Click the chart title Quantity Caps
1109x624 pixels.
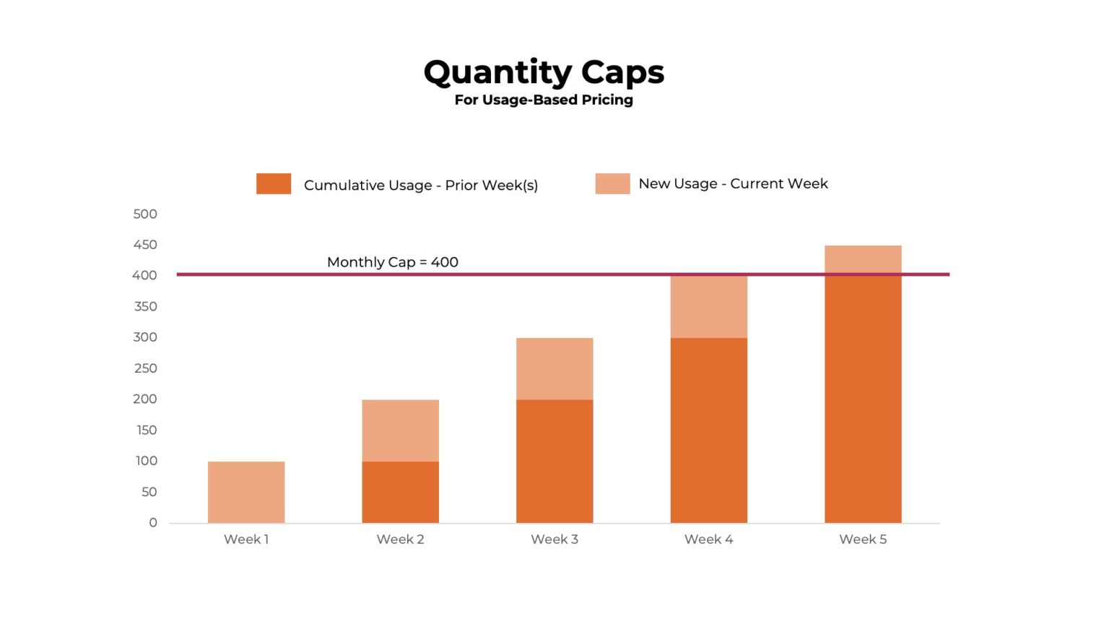[x=543, y=72]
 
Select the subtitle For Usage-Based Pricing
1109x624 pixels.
[x=543, y=100]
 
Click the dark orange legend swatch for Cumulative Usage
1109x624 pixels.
[x=274, y=183]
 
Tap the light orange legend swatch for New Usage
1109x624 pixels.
[x=612, y=183]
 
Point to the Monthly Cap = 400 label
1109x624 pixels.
[x=392, y=262]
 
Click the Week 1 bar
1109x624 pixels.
[x=246, y=492]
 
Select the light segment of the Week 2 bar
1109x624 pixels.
[x=400, y=430]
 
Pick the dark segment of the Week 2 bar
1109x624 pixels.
[x=400, y=492]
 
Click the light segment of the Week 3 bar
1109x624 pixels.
[x=554, y=368]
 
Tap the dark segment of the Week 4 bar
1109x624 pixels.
[x=708, y=430]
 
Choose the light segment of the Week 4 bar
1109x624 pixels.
[x=708, y=307]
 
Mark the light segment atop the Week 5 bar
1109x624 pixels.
[x=863, y=259]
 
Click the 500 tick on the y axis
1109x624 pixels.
[x=145, y=214]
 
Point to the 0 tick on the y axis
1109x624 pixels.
[x=153, y=522]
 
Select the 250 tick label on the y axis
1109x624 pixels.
[x=145, y=368]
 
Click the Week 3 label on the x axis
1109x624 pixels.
[x=554, y=539]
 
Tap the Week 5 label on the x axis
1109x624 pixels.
[x=863, y=539]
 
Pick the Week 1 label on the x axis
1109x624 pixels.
[x=246, y=539]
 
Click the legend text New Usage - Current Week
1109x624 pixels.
[x=733, y=183]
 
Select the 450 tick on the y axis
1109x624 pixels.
[x=145, y=245]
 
